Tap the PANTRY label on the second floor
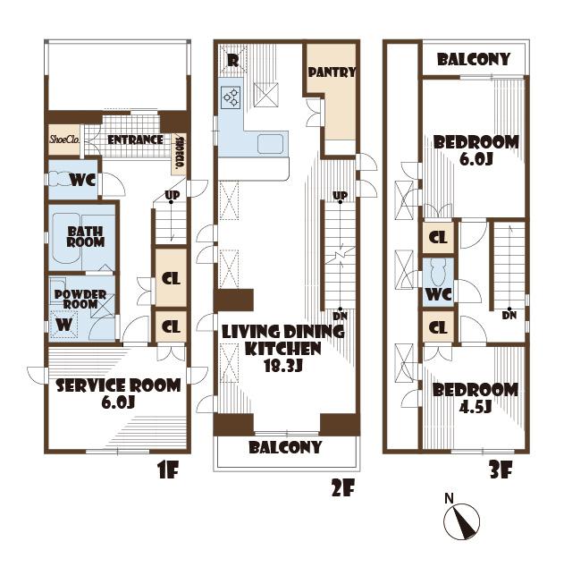(332, 72)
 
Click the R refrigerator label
(232, 61)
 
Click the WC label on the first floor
(83, 180)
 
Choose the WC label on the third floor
(438, 294)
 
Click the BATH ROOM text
(86, 236)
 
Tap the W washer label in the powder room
(63, 325)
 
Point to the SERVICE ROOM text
(118, 385)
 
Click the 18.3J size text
(284, 365)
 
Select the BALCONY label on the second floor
(285, 447)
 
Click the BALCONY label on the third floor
(474, 60)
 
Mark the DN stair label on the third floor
(509, 315)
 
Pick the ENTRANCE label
(135, 140)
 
